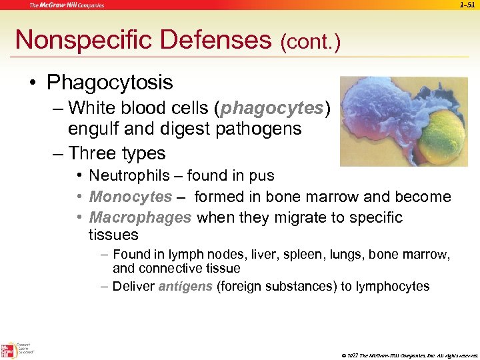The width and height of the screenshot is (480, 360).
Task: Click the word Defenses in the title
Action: (213, 40)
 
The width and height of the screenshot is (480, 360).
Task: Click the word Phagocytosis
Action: (110, 83)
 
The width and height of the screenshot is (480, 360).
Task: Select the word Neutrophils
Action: (129, 176)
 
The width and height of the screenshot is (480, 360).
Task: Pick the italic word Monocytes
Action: (131, 197)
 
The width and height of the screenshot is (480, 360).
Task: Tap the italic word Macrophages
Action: (140, 218)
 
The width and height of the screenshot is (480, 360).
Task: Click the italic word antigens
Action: (185, 287)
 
